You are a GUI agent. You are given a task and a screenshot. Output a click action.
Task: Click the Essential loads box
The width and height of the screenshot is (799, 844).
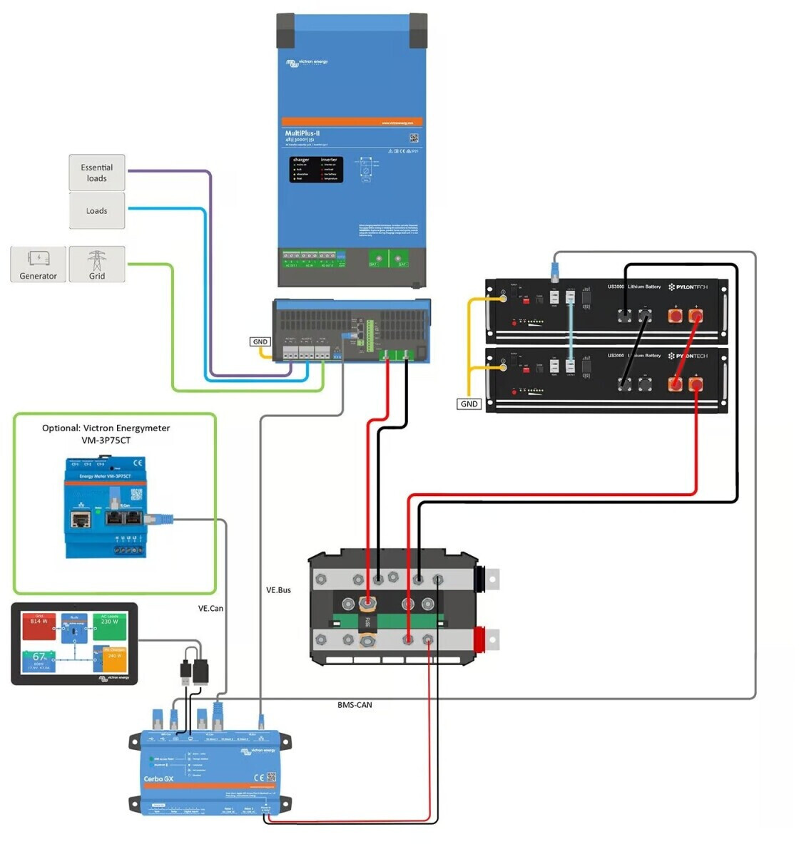pyautogui.click(x=97, y=173)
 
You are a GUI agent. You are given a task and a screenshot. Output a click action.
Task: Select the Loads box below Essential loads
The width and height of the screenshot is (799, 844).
pyautogui.click(x=97, y=211)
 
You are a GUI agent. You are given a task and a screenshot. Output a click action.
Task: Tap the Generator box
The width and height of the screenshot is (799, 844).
pyautogui.click(x=39, y=264)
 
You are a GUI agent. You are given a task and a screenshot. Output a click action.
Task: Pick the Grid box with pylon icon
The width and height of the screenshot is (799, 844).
pyautogui.click(x=97, y=264)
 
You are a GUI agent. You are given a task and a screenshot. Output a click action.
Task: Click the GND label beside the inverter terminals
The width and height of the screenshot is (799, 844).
pyautogui.click(x=260, y=341)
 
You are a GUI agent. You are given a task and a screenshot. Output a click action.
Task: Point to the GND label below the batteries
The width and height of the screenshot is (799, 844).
pyautogui.click(x=469, y=403)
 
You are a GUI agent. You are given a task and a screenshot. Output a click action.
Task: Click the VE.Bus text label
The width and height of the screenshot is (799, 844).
pyautogui.click(x=278, y=590)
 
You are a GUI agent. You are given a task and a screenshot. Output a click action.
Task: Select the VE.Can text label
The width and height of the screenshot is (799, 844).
pyautogui.click(x=210, y=608)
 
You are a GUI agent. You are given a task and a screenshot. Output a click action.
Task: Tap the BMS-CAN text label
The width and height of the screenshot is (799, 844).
pyautogui.click(x=355, y=705)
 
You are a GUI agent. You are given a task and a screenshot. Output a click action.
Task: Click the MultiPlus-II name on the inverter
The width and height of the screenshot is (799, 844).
pyautogui.click(x=302, y=133)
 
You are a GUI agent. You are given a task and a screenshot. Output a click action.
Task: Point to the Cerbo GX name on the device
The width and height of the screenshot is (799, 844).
pyautogui.click(x=158, y=778)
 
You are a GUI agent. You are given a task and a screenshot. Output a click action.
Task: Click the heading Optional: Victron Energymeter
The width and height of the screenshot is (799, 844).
pyautogui.click(x=106, y=428)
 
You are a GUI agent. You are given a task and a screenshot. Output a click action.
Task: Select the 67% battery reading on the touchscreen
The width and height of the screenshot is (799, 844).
pyautogui.click(x=40, y=657)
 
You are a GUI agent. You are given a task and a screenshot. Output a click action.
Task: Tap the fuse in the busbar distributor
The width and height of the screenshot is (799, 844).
pyautogui.click(x=367, y=620)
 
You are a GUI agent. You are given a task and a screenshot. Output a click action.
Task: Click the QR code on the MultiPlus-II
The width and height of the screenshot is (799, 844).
pyautogui.click(x=414, y=138)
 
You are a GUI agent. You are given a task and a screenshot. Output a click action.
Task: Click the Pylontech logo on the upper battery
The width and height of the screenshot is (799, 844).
pyautogui.click(x=688, y=287)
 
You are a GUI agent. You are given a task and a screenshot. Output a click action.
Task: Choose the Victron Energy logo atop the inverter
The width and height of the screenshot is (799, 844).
pyautogui.click(x=307, y=63)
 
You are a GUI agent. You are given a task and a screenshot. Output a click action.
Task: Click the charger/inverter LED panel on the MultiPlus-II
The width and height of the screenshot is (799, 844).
pyautogui.click(x=316, y=170)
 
